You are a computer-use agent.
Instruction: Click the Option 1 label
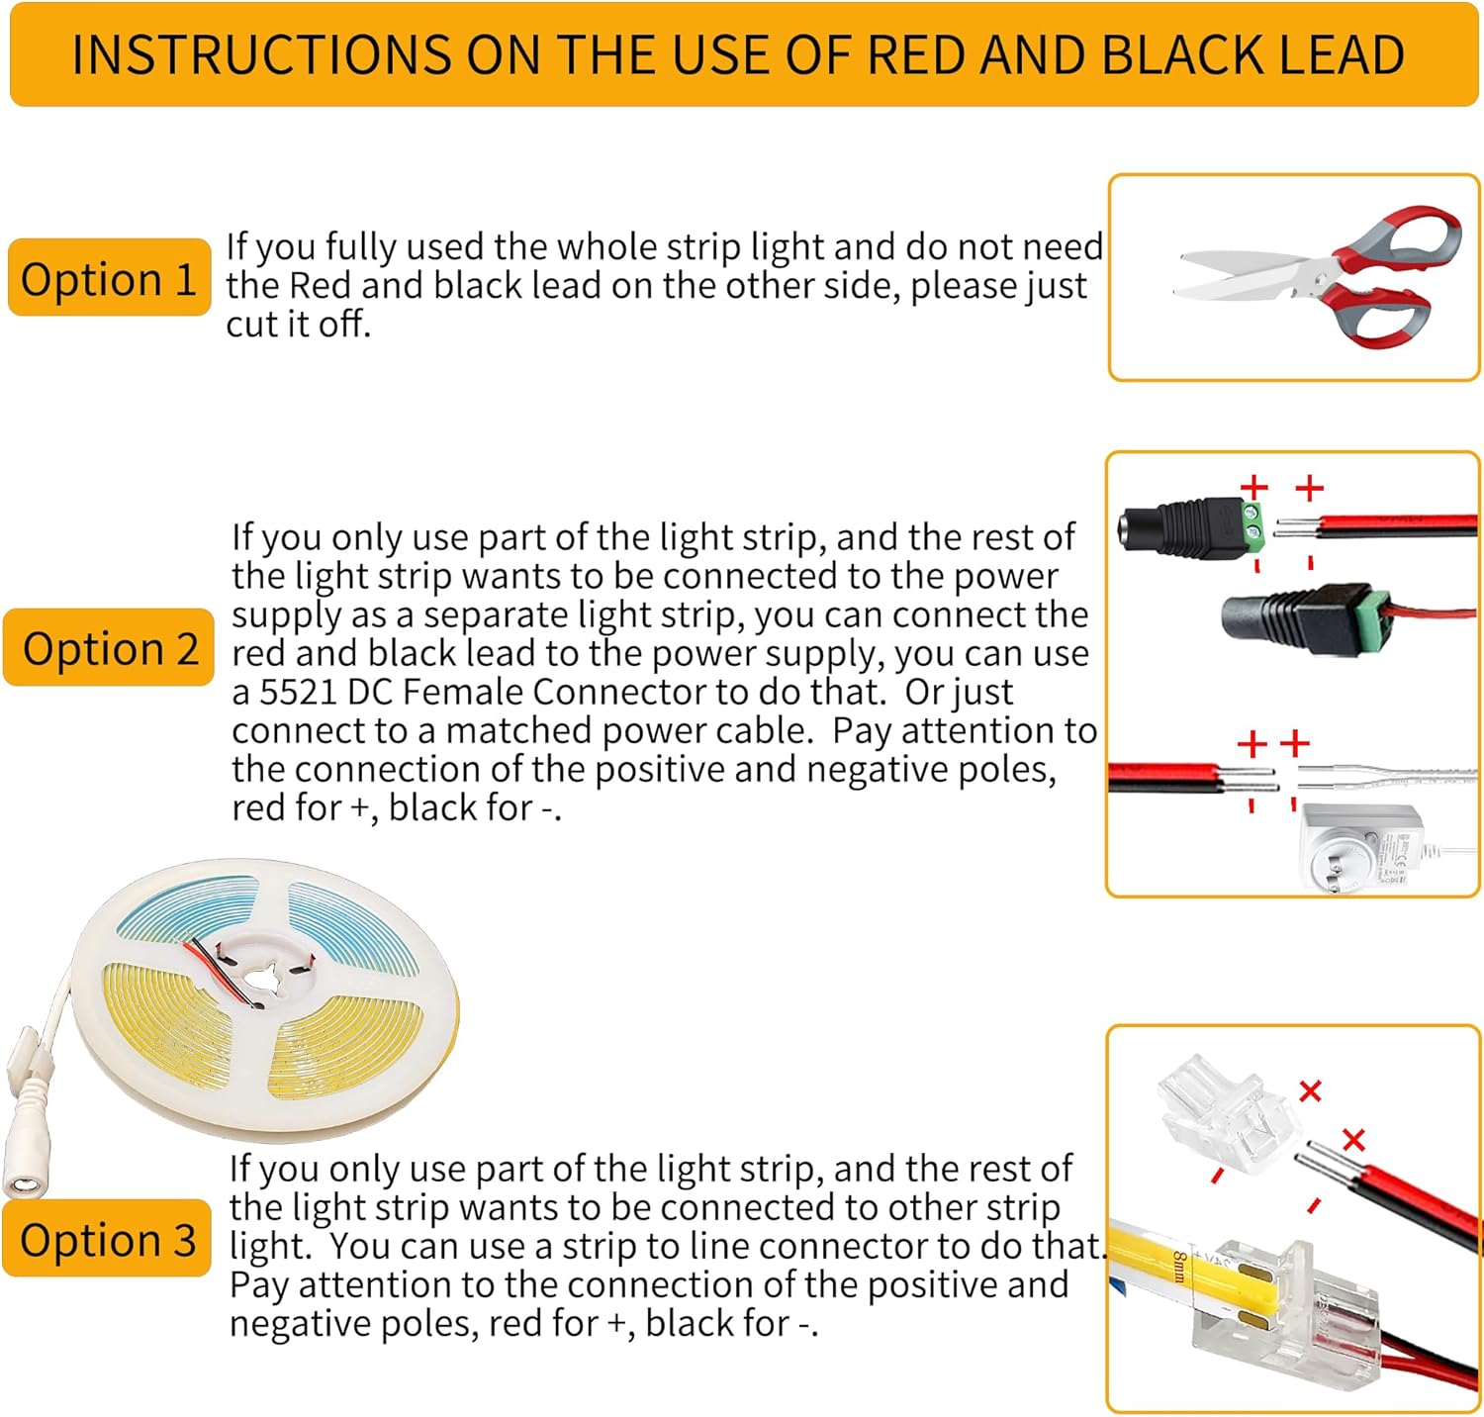[109, 278]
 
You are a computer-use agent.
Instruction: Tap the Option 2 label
[109, 648]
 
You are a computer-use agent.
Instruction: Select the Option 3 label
[107, 1239]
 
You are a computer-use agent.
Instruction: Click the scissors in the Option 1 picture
[1317, 275]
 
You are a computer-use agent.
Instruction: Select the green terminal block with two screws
[1254, 527]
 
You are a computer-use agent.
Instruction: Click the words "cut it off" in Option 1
[297, 324]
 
